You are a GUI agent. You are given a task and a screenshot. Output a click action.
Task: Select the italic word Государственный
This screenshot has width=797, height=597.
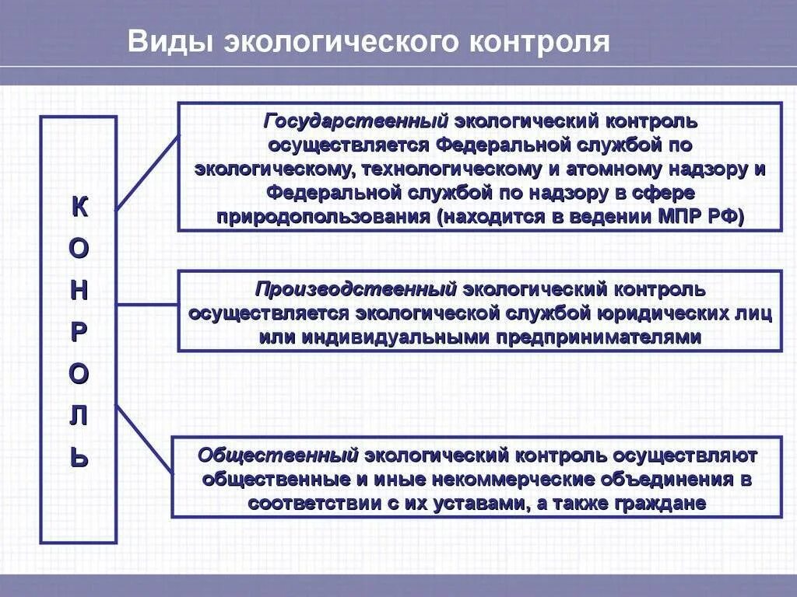coord(356,122)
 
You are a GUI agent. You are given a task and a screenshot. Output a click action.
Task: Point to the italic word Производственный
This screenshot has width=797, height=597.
coord(356,290)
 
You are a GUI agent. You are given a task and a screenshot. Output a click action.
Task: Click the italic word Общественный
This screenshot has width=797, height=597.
coord(278,455)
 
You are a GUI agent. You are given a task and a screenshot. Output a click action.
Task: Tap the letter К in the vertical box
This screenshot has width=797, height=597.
coord(79,207)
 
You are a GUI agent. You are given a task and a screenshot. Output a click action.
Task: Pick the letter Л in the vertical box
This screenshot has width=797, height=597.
coord(79,417)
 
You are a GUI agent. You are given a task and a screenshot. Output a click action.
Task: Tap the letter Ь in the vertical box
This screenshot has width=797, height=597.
coord(79,459)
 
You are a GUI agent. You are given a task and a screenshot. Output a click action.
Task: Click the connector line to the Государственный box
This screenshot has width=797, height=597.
coord(147,172)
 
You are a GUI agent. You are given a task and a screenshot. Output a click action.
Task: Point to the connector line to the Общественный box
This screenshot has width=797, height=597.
coord(145,438)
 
